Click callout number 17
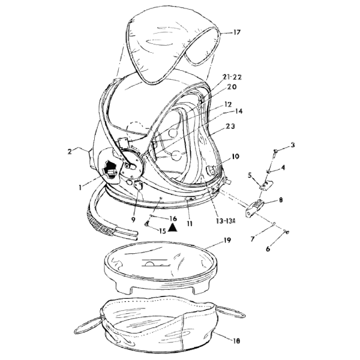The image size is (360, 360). click(x=237, y=32)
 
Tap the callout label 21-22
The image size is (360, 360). click(x=232, y=77)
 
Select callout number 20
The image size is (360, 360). click(x=232, y=87)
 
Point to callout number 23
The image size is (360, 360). click(x=230, y=126)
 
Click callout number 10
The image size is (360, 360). click(x=235, y=157)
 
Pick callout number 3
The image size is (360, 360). click(x=293, y=145)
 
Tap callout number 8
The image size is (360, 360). click(x=281, y=200)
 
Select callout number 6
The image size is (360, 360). click(x=268, y=248)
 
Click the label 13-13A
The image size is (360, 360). click(x=226, y=221)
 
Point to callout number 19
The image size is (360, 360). click(x=227, y=241)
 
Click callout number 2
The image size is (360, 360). click(x=70, y=152)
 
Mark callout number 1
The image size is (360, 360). click(x=80, y=188)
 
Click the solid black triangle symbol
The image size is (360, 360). click(x=173, y=227)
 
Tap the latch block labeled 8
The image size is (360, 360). click(x=256, y=208)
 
